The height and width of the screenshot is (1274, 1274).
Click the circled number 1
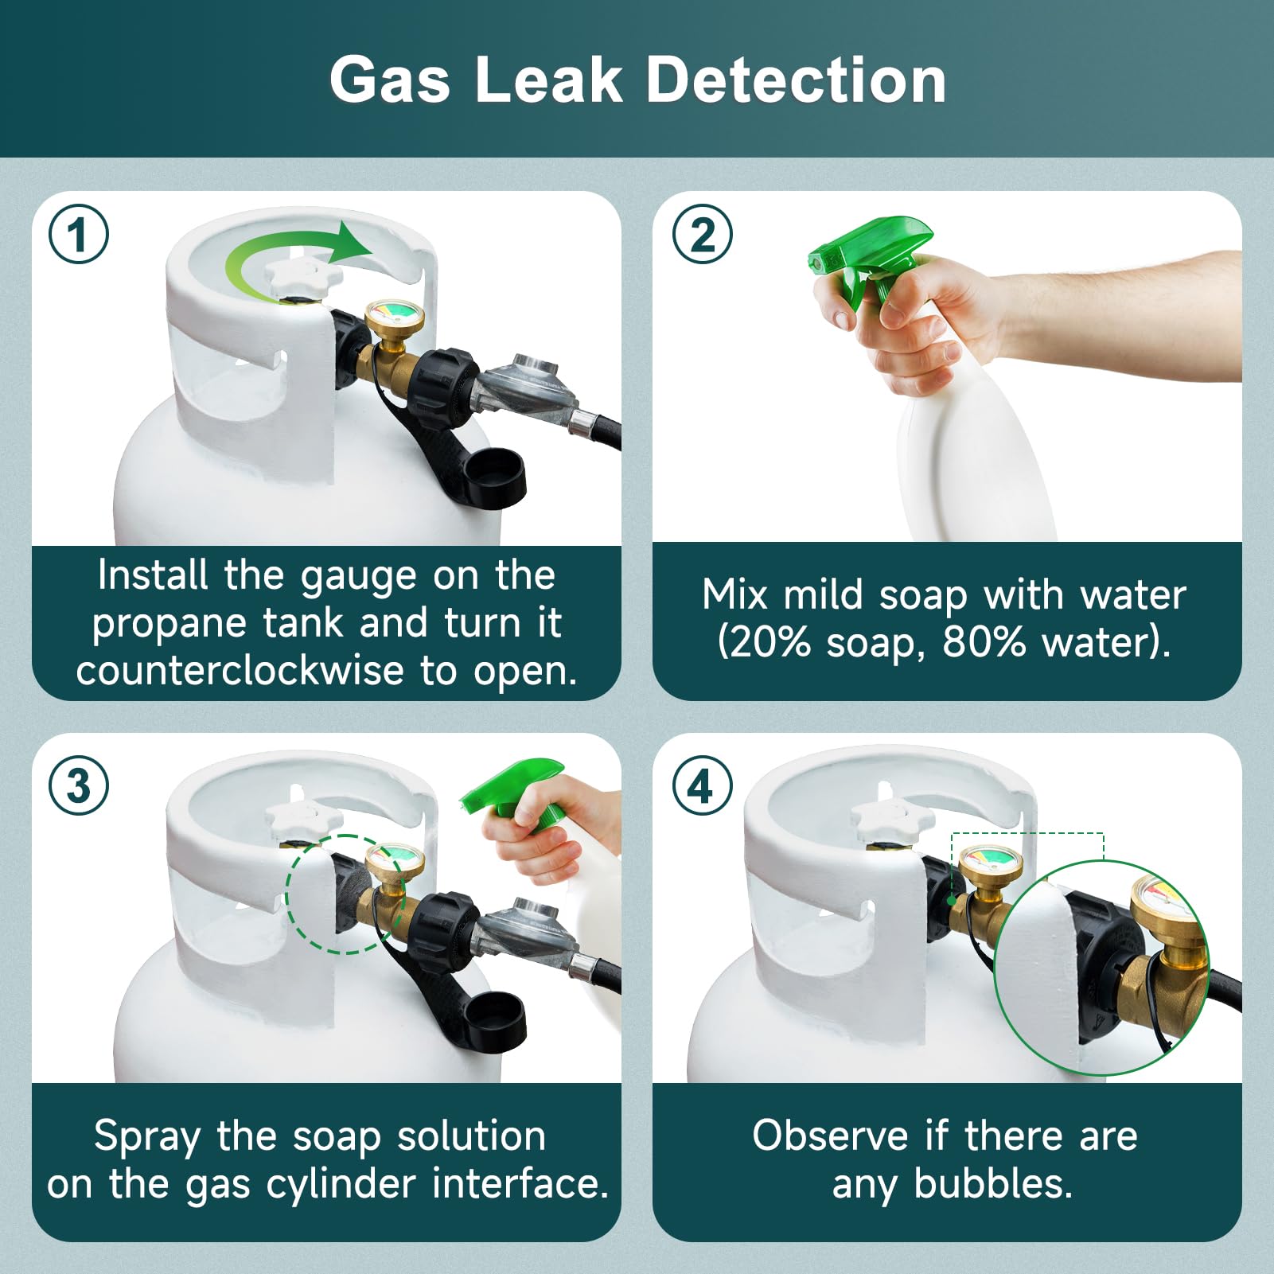(78, 234)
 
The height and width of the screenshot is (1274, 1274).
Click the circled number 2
(702, 234)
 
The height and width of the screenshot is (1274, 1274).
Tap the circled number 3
(78, 785)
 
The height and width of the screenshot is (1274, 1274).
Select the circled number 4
(702, 785)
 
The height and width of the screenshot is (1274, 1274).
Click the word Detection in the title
(796, 80)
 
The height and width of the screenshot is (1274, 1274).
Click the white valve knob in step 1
(304, 275)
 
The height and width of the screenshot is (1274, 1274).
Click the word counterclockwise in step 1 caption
(240, 670)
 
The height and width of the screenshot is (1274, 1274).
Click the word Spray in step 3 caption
(146, 1136)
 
